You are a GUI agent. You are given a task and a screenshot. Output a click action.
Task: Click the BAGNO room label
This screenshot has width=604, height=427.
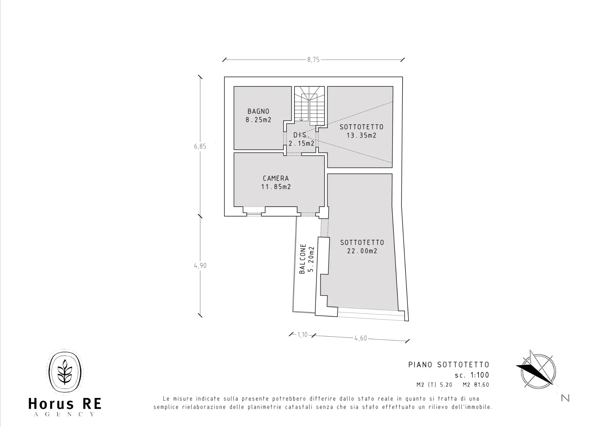click(x=258, y=111)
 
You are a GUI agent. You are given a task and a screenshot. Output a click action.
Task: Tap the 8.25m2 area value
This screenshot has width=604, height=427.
click(x=258, y=120)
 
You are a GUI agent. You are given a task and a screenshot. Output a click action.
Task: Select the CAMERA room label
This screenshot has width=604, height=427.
click(x=276, y=179)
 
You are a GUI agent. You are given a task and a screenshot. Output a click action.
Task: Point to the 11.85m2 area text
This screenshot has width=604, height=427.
click(x=276, y=187)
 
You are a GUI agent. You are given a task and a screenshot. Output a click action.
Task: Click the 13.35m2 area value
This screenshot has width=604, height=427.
click(x=361, y=136)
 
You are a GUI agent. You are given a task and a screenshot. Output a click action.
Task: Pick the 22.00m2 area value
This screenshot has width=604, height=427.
click(x=362, y=251)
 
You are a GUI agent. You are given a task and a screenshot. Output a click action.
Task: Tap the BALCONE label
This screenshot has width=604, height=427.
click(x=302, y=259)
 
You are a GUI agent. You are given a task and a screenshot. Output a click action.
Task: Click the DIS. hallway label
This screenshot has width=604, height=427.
click(x=301, y=135)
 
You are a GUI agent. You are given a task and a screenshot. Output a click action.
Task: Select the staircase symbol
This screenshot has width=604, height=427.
click(x=309, y=106)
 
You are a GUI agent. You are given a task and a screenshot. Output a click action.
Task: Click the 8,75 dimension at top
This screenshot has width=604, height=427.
click(x=313, y=60)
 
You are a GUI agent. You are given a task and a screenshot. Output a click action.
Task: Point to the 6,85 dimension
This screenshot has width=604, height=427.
click(x=200, y=146)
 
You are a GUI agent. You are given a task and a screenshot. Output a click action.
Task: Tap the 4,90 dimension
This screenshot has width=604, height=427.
click(x=200, y=266)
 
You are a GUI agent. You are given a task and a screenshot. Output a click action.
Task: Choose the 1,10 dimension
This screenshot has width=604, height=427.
click(x=302, y=335)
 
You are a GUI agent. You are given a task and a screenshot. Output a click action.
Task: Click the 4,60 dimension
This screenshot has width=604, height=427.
click(x=361, y=338)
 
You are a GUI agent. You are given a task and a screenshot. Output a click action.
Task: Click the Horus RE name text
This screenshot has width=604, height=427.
click(x=65, y=404)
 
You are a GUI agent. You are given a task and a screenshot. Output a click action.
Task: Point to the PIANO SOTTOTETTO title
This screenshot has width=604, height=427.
click(x=449, y=365)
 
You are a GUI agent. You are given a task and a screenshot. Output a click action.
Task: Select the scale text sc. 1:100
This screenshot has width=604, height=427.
click(x=472, y=375)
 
